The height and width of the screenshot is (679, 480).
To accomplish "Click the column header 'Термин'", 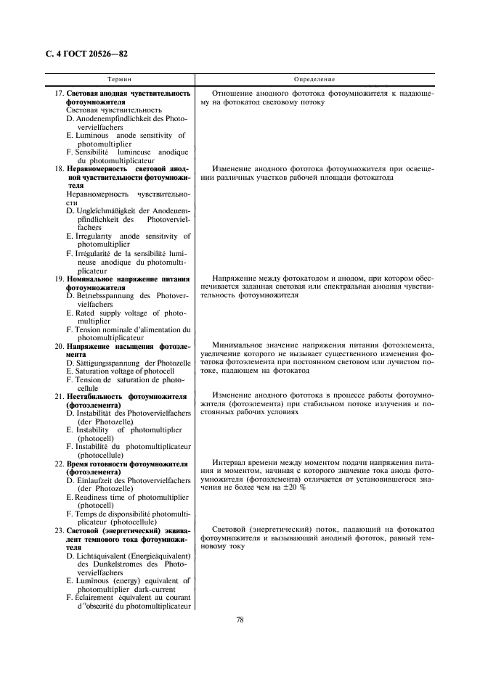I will click(x=119, y=78).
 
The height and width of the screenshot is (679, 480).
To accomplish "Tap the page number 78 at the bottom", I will click(x=240, y=620).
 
